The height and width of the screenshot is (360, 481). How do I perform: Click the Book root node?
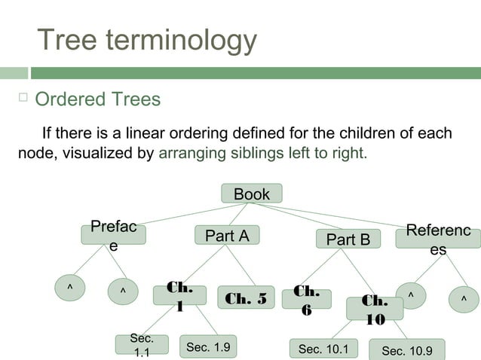point(251,194)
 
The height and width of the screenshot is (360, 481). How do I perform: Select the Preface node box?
point(113,236)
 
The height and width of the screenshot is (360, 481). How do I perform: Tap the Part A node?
point(227,236)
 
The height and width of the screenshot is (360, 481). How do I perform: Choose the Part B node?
point(348,239)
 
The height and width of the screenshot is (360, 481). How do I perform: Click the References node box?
point(438,239)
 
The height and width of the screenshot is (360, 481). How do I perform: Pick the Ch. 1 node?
point(179,295)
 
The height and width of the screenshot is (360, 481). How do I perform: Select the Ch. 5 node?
point(246,297)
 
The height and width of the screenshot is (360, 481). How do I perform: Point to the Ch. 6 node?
point(307,299)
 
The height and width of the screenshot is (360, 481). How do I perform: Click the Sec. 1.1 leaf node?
point(142,346)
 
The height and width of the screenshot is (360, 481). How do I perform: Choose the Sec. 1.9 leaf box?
point(207,347)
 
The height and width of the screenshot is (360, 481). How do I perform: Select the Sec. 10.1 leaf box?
point(323,349)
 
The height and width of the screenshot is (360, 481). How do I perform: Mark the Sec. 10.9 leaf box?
point(406,350)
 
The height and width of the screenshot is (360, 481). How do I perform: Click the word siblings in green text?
point(277,154)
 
